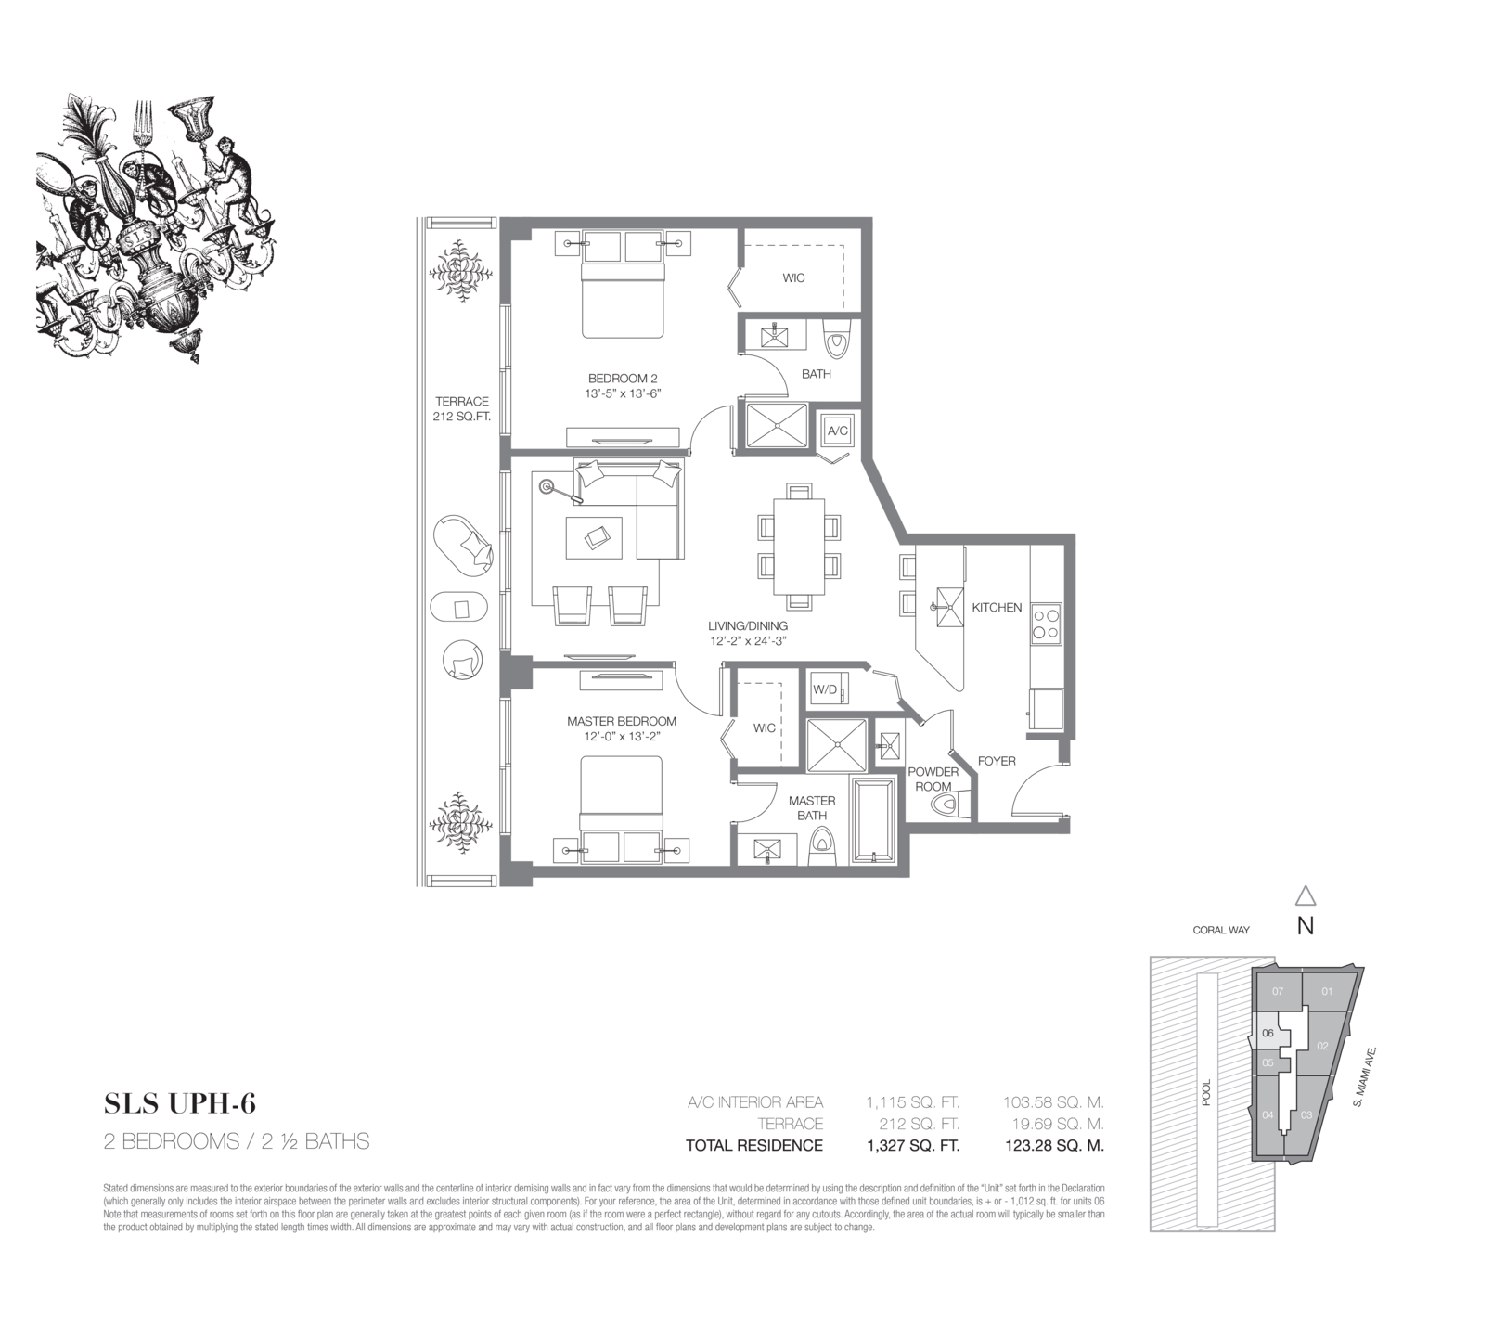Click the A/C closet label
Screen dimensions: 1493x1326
coord(837,431)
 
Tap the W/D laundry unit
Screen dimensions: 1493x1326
coord(825,689)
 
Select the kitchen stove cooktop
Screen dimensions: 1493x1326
coord(1047,623)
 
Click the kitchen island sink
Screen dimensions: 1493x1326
coord(948,608)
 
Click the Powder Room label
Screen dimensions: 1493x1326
coord(933,779)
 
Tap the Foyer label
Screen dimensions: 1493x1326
coord(997,761)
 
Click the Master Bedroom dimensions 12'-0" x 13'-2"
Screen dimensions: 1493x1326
coord(622,736)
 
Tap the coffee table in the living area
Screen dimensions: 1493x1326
coord(594,536)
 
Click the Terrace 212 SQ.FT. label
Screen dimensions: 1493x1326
coord(462,409)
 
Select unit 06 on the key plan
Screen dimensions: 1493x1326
coord(1268,1032)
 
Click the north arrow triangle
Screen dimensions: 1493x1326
coord(1306,895)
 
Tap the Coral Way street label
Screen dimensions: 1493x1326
coord(1221,930)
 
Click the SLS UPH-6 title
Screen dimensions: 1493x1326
coord(180,1103)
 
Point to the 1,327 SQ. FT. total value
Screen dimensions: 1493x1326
coord(913,1145)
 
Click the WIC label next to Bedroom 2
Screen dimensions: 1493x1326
coord(793,278)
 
